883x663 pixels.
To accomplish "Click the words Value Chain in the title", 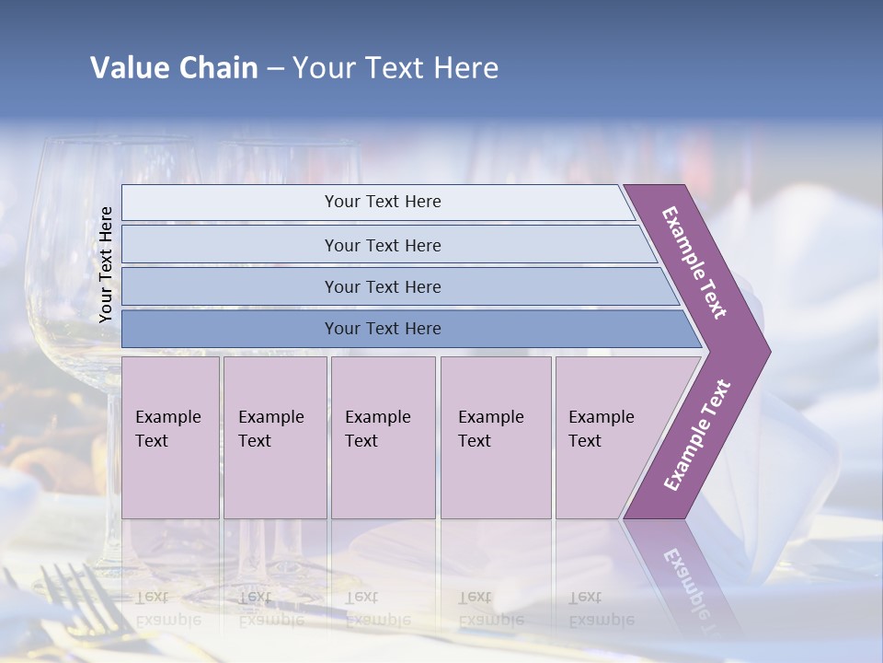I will [174, 68].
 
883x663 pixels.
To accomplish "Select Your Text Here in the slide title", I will [396, 68].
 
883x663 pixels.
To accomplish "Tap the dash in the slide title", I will [275, 69].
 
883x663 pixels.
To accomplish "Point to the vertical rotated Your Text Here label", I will [106, 264].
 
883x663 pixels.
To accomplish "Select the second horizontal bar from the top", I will [382, 245].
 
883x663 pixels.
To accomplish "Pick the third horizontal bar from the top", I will [382, 286].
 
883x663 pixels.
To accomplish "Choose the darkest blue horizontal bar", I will [382, 329].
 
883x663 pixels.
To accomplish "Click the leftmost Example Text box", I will [170, 437].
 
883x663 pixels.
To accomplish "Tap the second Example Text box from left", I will [274, 437].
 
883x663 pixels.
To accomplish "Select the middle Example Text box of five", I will [383, 437].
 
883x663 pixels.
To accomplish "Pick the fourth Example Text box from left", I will [495, 437].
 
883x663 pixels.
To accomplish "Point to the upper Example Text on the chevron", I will [694, 262].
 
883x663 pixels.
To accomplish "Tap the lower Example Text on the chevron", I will [697, 436].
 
